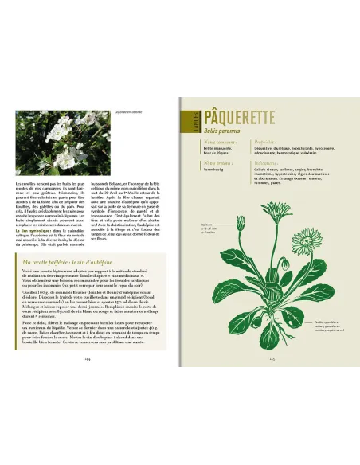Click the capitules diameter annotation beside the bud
tap(209, 227)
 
